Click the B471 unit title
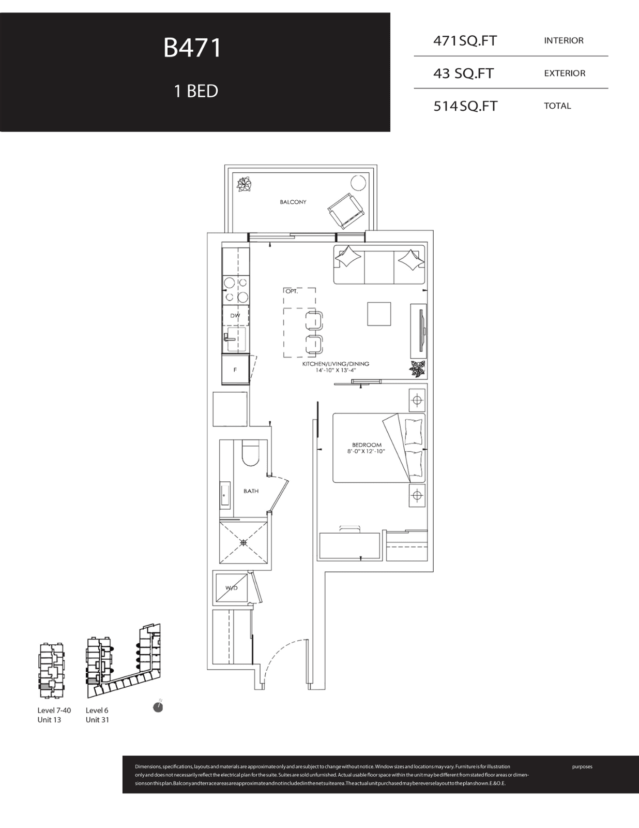[192, 48]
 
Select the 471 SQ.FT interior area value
[465, 41]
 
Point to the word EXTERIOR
[565, 73]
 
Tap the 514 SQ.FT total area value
[465, 106]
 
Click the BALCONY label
[293, 202]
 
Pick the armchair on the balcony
[345, 211]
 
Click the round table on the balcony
[358, 183]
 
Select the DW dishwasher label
[235, 316]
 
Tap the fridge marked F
[235, 369]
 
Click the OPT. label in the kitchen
[292, 291]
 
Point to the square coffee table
[379, 314]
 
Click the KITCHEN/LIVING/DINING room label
[336, 364]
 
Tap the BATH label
[251, 491]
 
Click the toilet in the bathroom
[250, 453]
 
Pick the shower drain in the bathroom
[244, 542]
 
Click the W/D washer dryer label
[232, 588]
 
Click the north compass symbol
[158, 707]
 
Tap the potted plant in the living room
[417, 369]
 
